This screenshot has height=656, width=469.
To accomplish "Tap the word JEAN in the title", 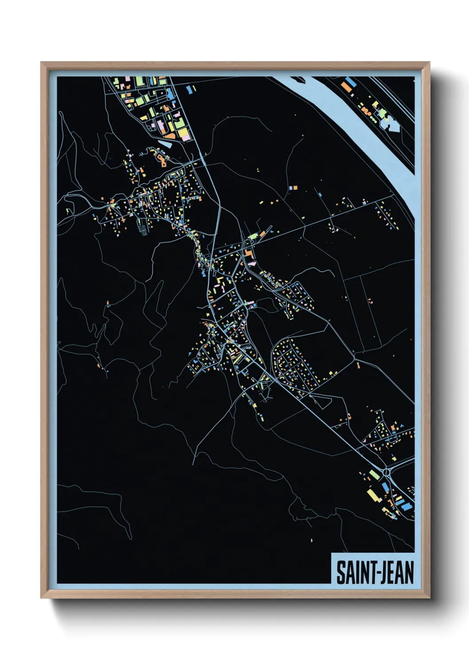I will point(396,573).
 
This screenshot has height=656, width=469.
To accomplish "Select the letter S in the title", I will point(340,573).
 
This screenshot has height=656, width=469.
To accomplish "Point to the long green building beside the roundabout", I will point(375,474).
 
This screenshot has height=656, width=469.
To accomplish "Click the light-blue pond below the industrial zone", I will point(165,143).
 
